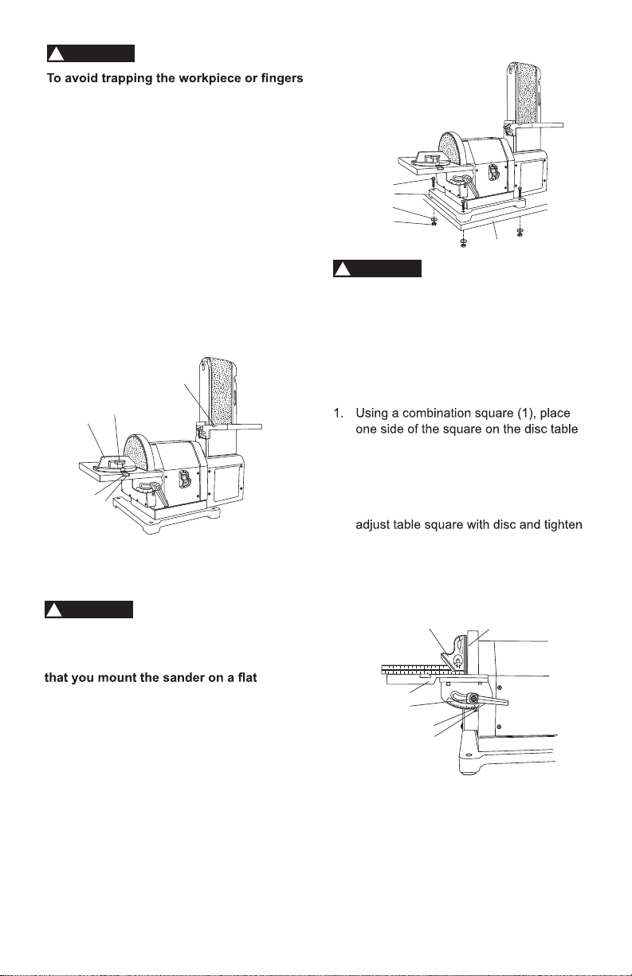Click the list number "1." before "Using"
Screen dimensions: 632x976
pyautogui.click(x=339, y=413)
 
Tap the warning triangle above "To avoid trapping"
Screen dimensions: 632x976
pyautogui.click(x=56, y=54)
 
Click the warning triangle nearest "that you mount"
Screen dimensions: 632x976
pyautogui.click(x=53, y=610)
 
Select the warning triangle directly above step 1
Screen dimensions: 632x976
pyautogui.click(x=342, y=270)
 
